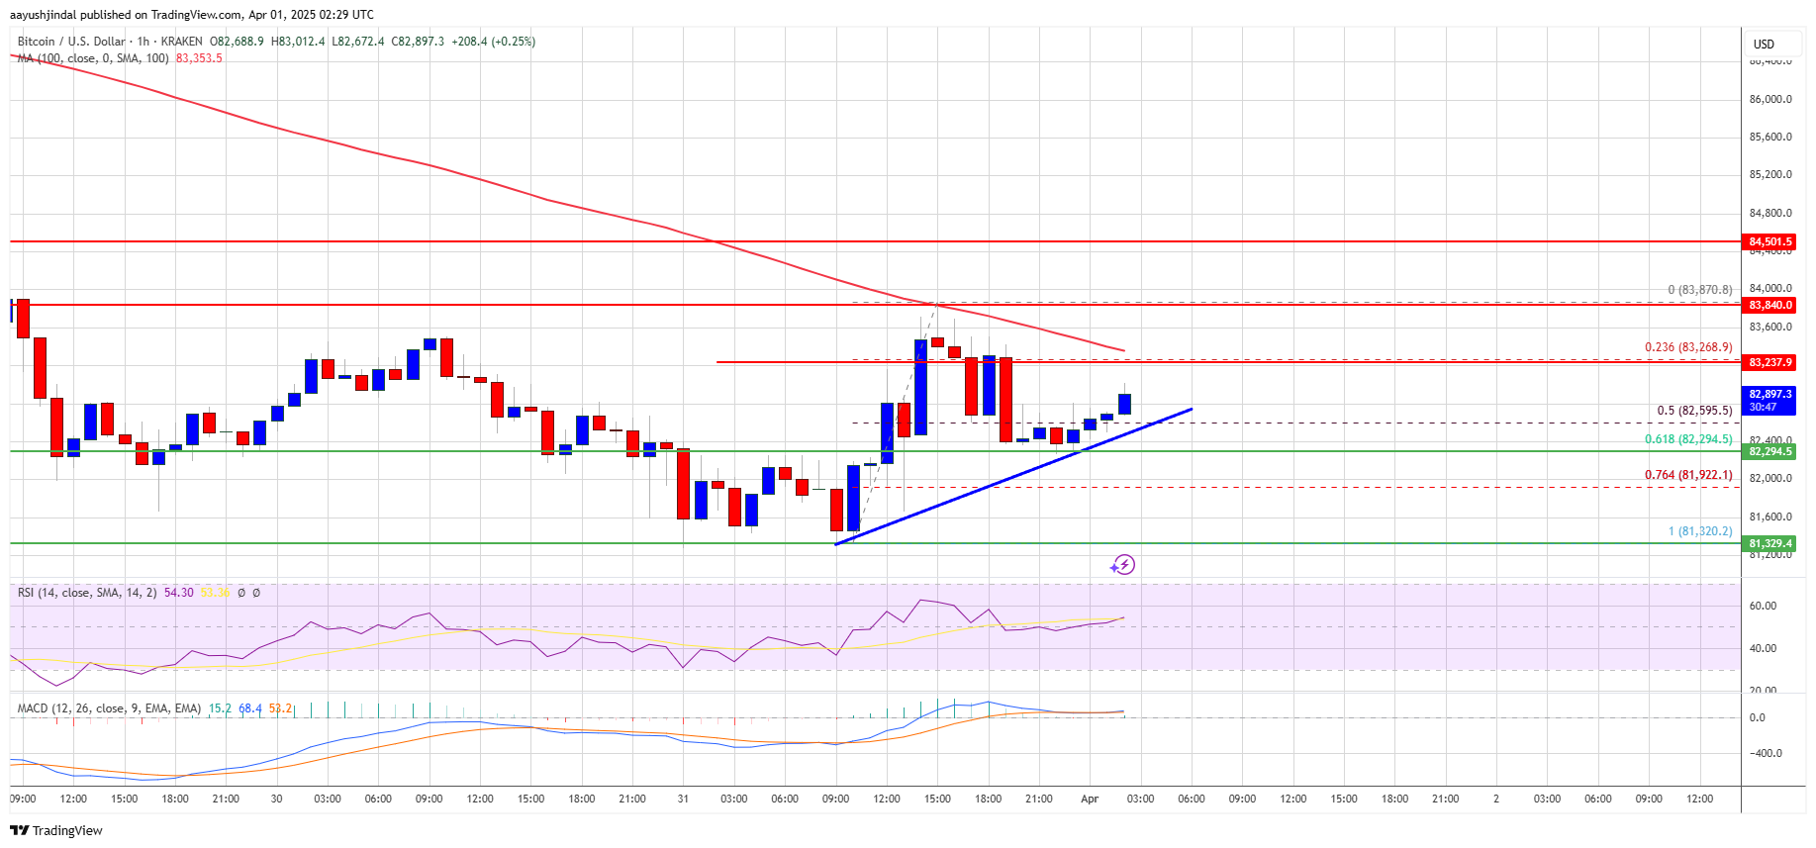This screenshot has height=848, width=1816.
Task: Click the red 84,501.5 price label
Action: tap(1769, 241)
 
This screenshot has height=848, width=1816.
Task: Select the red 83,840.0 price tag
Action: tap(1769, 305)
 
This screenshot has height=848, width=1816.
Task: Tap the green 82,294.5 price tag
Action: tap(1769, 451)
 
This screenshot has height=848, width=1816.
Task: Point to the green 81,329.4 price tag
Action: tap(1769, 543)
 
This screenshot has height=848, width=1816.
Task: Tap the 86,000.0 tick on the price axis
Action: tap(1769, 99)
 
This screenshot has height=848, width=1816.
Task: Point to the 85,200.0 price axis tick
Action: tap(1769, 175)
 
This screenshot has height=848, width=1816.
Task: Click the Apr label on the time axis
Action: tap(1090, 799)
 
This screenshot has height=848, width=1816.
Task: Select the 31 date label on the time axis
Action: tap(683, 799)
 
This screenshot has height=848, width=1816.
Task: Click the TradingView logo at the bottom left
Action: tap(56, 830)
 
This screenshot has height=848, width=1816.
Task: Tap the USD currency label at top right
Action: tap(1764, 45)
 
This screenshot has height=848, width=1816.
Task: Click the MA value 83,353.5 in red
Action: tap(199, 58)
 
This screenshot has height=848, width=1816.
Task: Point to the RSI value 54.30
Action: tap(178, 593)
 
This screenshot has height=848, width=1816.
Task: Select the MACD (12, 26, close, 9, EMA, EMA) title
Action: tap(109, 708)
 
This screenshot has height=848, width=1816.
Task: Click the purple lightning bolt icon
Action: tap(1122, 565)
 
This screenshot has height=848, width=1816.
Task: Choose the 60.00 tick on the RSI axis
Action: tap(1763, 606)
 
